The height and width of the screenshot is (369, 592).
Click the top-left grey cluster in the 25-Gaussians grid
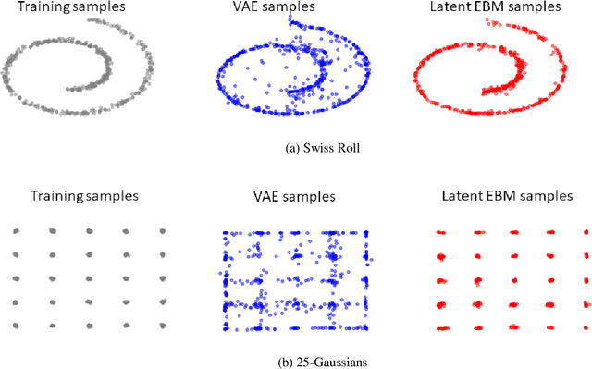(16, 231)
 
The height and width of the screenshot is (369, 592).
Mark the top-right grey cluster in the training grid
(163, 231)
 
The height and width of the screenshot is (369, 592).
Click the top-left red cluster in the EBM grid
(441, 232)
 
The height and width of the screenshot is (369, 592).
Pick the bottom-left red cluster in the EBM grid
(442, 327)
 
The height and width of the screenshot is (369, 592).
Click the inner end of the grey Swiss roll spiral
(69, 89)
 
